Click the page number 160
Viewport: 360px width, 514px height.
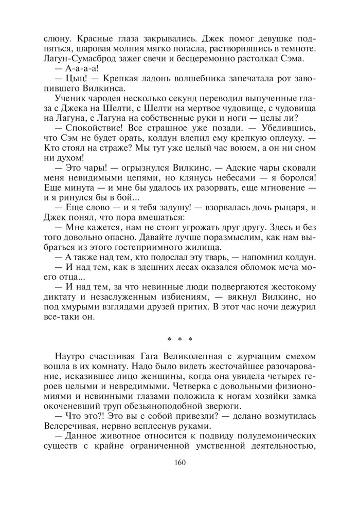click(x=179, y=462)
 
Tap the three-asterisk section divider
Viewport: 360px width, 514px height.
click(x=179, y=339)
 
